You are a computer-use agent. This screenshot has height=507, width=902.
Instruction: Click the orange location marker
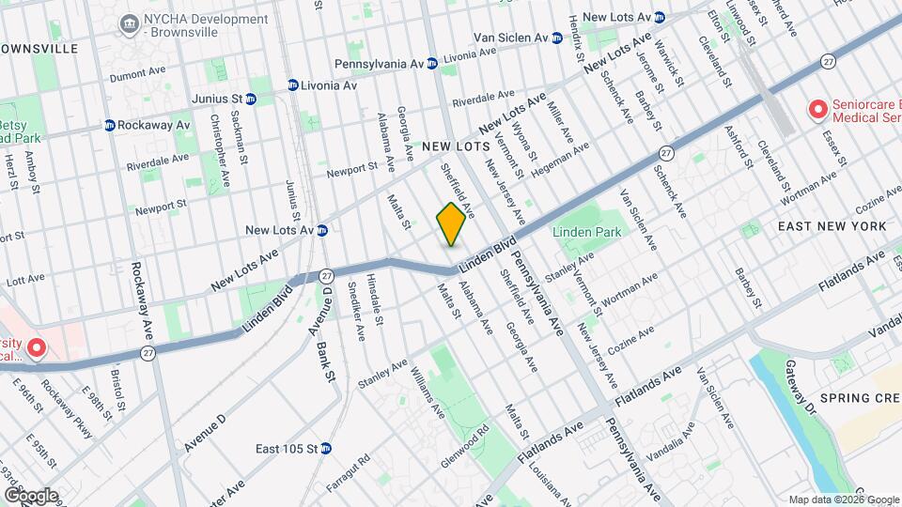[x=451, y=224]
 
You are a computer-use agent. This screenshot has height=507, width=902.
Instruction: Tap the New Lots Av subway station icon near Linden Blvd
[x=321, y=230]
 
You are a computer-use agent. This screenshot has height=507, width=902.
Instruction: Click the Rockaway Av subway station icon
[x=110, y=125]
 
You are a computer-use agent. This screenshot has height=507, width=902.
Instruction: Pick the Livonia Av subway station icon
[x=293, y=85]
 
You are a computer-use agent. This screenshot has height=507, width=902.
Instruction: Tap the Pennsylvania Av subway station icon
[x=431, y=64]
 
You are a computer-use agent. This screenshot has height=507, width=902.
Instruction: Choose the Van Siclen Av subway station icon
[x=556, y=38]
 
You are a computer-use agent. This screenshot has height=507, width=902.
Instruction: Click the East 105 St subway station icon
[x=326, y=448]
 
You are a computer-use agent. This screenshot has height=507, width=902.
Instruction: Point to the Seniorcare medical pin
[x=817, y=111]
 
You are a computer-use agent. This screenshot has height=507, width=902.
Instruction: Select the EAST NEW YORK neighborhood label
[x=832, y=226]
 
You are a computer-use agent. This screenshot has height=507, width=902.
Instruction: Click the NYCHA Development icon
[x=128, y=22]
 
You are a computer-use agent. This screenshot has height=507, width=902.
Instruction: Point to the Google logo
[x=31, y=495]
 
